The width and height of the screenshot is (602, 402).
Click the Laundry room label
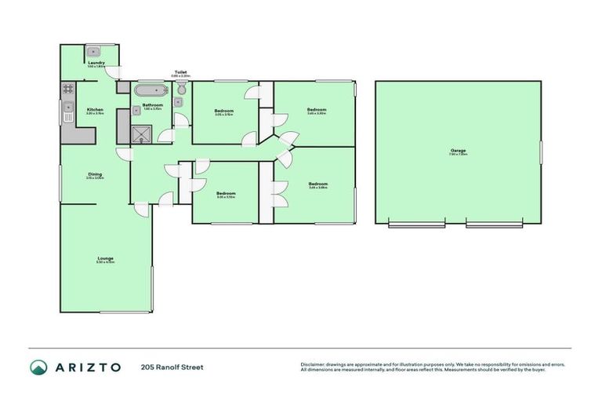point(97,63)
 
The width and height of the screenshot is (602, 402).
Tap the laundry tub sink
point(92,51)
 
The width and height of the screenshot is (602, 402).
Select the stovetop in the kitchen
point(68,89)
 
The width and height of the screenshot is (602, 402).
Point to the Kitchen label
point(95,109)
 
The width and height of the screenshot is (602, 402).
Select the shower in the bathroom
point(142,132)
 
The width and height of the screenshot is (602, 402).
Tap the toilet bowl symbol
point(181,91)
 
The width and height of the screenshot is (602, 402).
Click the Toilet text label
point(180,72)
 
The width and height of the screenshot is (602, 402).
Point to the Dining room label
point(95,175)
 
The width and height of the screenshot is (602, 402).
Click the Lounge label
point(105,258)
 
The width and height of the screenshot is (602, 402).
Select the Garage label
point(459,151)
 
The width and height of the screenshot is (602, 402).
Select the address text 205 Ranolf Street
point(172,367)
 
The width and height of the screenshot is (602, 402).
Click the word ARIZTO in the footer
point(89,367)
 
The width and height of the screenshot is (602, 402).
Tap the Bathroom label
point(152,105)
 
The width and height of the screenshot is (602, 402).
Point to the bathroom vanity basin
point(136,111)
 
